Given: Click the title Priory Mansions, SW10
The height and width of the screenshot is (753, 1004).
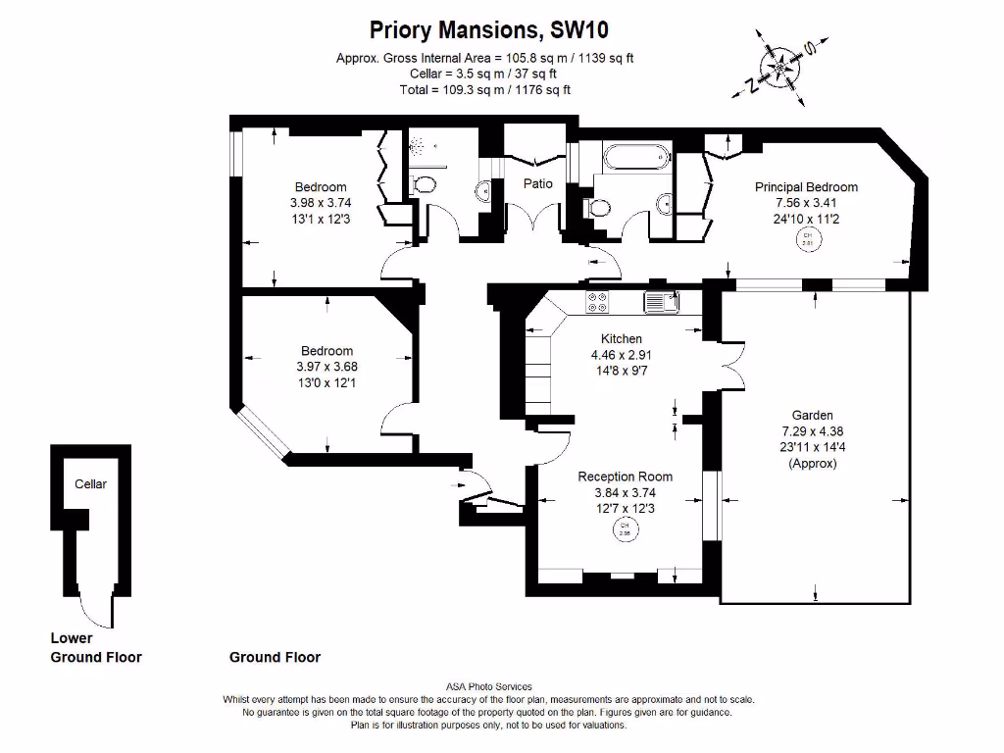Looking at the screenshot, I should pyautogui.click(x=495, y=30).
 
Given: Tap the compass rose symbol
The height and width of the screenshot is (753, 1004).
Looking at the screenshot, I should pyautogui.click(x=781, y=67).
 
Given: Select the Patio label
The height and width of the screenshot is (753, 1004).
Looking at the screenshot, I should pyautogui.click(x=537, y=183).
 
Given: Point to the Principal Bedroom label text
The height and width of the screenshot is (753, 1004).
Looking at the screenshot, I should pyautogui.click(x=806, y=187).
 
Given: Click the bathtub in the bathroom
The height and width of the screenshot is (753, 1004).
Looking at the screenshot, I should pyautogui.click(x=635, y=157).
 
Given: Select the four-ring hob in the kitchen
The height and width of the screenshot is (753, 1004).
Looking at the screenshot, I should pyautogui.click(x=596, y=302).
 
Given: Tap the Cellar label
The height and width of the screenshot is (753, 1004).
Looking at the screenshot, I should pyautogui.click(x=90, y=484).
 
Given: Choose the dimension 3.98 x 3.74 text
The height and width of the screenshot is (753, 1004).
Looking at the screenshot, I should pyautogui.click(x=321, y=203).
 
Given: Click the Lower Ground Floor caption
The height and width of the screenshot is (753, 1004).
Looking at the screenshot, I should pyautogui.click(x=96, y=648).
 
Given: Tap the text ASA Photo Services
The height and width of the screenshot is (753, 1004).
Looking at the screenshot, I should pyautogui.click(x=488, y=687).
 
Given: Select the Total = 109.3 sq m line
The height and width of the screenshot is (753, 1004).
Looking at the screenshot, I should pyautogui.click(x=484, y=89).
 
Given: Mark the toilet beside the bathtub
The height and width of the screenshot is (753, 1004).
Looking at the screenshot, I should pyautogui.click(x=592, y=207).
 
